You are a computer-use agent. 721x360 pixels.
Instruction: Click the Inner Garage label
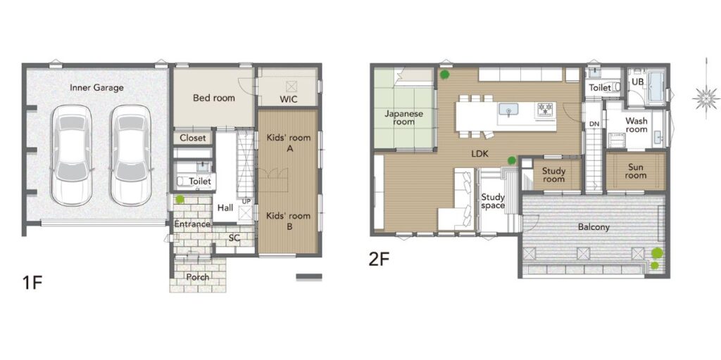tap(96, 87)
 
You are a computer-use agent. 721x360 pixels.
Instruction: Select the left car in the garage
tap(71, 155)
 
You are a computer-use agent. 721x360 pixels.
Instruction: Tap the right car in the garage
tap(130, 155)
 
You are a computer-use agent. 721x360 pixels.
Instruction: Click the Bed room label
tap(214, 98)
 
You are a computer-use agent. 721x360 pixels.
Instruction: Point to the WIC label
tap(288, 99)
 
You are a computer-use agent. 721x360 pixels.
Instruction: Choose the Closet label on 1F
tap(193, 138)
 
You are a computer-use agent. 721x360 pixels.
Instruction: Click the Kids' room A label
tap(288, 143)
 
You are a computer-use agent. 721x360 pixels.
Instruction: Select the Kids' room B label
tap(289, 221)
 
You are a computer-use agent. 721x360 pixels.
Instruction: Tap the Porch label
tap(198, 277)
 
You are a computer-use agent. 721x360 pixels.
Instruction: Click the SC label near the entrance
tap(234, 238)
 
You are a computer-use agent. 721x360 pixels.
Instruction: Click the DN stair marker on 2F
tap(594, 124)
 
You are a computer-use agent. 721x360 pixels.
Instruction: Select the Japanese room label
tap(403, 117)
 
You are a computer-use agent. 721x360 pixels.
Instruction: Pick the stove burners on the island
tap(546, 109)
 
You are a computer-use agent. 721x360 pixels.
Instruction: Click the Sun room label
tap(636, 171)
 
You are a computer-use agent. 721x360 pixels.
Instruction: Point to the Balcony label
tap(594, 227)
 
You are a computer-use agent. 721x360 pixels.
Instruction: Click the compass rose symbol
tap(706, 98)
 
